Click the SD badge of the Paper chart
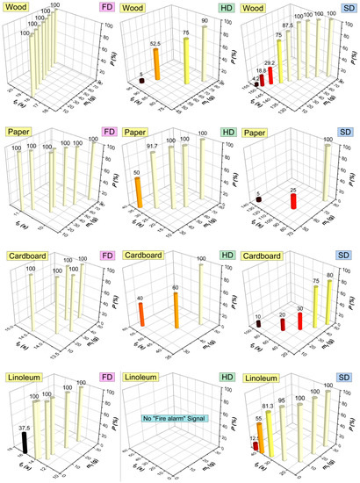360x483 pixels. coord(347,133)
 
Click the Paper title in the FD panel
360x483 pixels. coord(19,133)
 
